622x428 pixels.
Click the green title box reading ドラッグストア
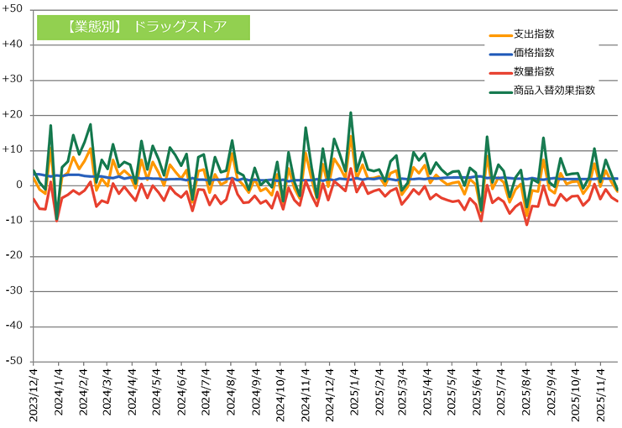144,26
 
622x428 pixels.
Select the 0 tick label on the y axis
18,185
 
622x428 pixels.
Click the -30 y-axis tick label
14,291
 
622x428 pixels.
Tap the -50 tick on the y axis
14,362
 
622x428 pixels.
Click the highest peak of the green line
351,112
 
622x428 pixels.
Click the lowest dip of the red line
527,224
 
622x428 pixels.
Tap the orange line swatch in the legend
499,34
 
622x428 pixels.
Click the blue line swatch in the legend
499,53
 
